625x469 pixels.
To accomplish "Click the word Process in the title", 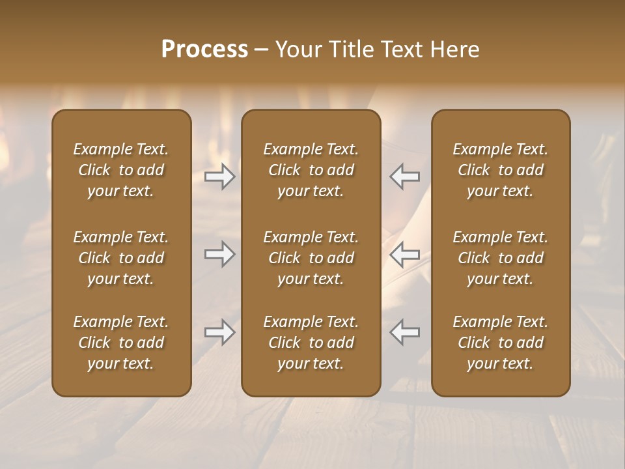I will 204,50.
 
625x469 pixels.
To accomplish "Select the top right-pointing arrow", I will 220,177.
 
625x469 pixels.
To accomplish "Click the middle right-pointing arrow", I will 220,254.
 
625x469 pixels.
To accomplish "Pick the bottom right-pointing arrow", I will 220,332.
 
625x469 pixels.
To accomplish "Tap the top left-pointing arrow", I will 404,177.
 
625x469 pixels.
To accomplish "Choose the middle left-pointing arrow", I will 404,254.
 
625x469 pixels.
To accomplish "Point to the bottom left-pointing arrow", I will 404,332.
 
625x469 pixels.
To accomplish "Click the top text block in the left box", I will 121,170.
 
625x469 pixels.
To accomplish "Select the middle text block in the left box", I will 121,258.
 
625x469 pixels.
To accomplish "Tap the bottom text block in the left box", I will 121,343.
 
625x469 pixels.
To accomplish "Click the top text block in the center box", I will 311,170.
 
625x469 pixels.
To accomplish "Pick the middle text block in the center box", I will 311,258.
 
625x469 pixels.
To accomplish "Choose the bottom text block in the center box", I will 311,343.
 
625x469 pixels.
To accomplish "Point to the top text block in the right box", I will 500,170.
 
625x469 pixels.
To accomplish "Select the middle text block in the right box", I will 500,258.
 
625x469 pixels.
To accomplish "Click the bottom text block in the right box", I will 500,343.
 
